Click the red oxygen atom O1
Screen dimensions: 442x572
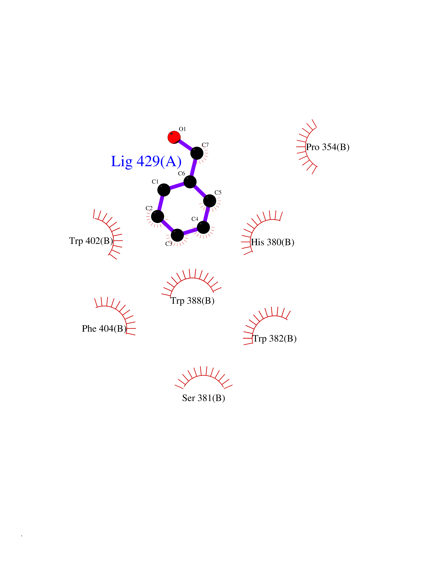(174, 137)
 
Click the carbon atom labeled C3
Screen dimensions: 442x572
(177, 235)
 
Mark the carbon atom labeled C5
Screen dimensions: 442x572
(210, 201)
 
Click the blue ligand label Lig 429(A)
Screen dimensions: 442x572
(146, 162)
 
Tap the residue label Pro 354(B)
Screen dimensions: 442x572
(328, 147)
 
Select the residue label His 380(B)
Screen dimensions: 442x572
(273, 242)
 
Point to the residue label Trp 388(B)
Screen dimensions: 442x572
(193, 301)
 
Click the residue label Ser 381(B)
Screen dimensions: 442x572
(203, 398)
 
